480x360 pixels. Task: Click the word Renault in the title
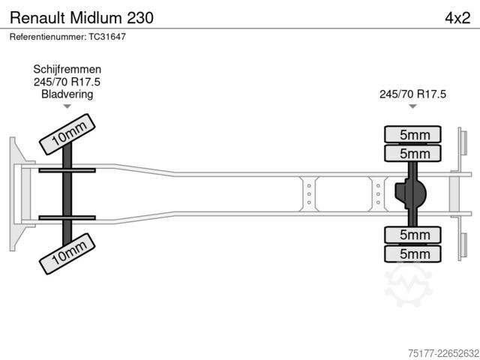[x=37, y=18]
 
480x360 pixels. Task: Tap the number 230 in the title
[x=140, y=18]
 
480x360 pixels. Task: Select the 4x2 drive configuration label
[x=457, y=18]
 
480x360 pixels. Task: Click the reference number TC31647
[x=107, y=37]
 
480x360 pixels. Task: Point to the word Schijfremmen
[x=67, y=69]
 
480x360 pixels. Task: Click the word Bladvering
[x=67, y=94]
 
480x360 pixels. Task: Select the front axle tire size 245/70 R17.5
[x=67, y=82]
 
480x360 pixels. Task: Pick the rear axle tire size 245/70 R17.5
[x=412, y=94]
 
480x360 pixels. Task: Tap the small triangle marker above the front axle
[x=67, y=106]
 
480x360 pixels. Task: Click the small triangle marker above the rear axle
[x=412, y=106]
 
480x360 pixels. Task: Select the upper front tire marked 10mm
[x=67, y=134]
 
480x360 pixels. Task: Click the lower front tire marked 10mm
[x=67, y=253]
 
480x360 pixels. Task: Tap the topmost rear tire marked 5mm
[x=412, y=134]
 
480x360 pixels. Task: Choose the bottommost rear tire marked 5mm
[x=412, y=253]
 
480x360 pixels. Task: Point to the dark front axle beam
[x=67, y=194]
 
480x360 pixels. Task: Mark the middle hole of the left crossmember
[x=309, y=194]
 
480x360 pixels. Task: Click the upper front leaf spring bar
[x=67, y=170]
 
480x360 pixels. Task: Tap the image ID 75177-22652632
[x=443, y=353]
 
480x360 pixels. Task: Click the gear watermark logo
[x=408, y=285]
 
